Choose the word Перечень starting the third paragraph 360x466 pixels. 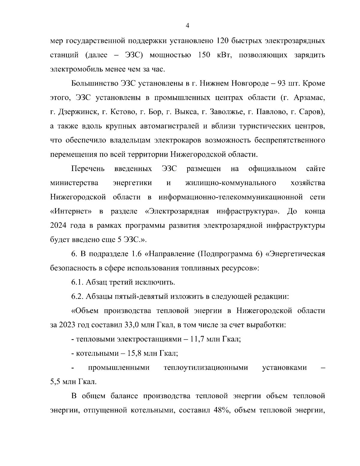tap(88, 169)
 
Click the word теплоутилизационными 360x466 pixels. tap(206, 368)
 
